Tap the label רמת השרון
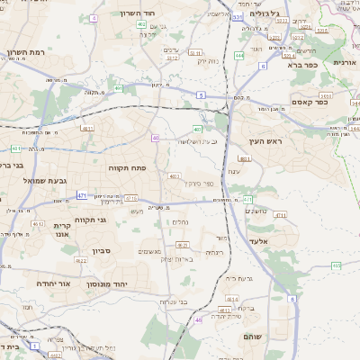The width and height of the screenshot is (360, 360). tap(20, 52)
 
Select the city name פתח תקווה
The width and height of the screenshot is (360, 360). tap(127, 168)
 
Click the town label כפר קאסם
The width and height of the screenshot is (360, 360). tap(334, 103)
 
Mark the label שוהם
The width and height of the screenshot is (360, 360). tap(253, 336)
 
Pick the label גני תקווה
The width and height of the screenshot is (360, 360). tap(90, 220)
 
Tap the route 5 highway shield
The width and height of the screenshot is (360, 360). tap(201, 94)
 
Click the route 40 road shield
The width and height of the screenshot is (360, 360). tap(156, 138)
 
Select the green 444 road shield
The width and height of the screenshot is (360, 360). tap(238, 56)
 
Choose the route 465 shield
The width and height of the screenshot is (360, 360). tap(336, 265)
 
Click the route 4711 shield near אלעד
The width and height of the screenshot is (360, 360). tap(280, 216)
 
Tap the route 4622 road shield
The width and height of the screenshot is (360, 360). tap(80, 261)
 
